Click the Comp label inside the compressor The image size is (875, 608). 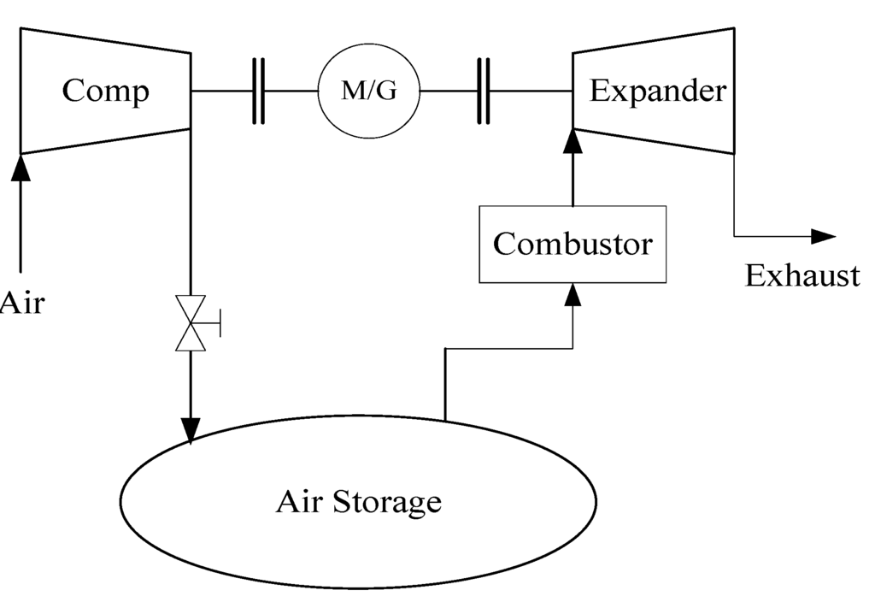point(105,91)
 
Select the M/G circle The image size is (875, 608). point(369,91)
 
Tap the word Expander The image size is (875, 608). point(657,91)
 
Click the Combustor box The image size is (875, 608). point(573,245)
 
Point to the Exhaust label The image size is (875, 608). point(802,275)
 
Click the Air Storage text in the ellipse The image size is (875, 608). point(358,501)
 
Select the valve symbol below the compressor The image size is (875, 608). point(190,323)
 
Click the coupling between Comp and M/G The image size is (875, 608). point(258,91)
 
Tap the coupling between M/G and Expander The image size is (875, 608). point(484,91)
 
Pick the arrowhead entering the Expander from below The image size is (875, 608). point(573,140)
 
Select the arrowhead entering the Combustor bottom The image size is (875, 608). point(573,294)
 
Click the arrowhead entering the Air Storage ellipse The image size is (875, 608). point(190,430)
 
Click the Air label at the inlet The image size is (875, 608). point(21,302)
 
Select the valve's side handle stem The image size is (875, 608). point(213,323)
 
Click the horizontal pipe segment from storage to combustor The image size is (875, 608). point(508,348)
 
